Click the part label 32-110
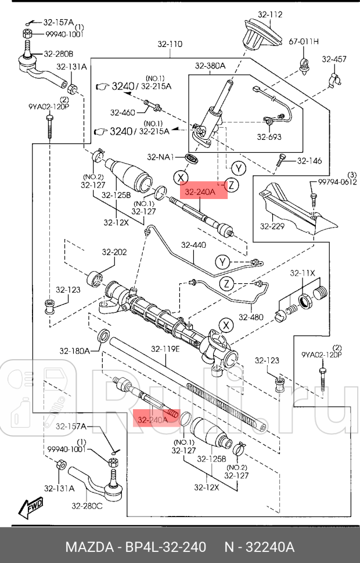click(x=170, y=44)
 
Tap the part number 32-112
click(x=269, y=15)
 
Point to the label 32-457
click(x=334, y=59)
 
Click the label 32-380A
click(x=211, y=66)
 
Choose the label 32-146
click(x=309, y=161)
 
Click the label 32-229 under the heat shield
click(x=272, y=226)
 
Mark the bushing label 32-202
click(x=114, y=252)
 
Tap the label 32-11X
click(x=303, y=273)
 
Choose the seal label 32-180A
click(x=74, y=351)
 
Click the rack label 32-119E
click(x=165, y=349)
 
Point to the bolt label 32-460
click(x=122, y=112)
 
